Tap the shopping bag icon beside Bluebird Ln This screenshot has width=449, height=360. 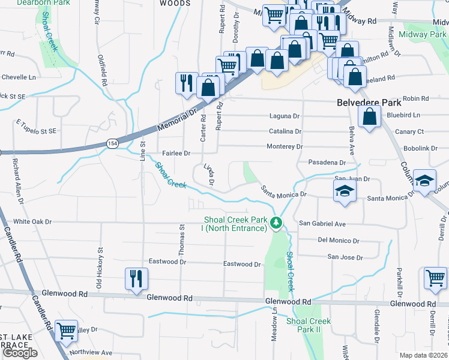(370, 117)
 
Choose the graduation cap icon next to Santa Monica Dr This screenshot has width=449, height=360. (345, 192)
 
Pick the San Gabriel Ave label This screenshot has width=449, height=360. (323, 224)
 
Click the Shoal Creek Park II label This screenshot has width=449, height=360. (309, 325)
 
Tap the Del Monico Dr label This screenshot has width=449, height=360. (339, 241)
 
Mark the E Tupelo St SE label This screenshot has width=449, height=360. (36, 127)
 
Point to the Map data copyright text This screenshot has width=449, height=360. (424, 355)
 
